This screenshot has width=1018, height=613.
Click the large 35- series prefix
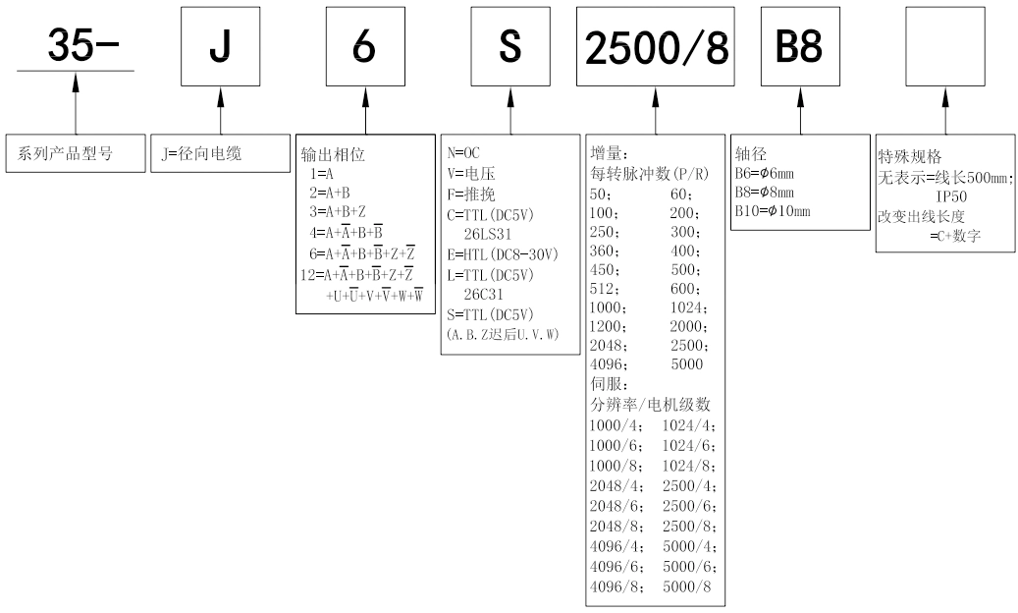(77, 47)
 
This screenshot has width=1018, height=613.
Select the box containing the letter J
(219, 50)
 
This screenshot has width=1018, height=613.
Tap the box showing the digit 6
(364, 50)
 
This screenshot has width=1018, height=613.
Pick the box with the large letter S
(509, 50)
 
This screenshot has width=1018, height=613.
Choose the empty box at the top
(944, 50)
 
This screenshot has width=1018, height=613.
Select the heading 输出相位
(334, 154)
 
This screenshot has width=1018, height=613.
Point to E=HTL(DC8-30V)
(501, 253)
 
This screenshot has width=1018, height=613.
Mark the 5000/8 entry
(692, 587)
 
